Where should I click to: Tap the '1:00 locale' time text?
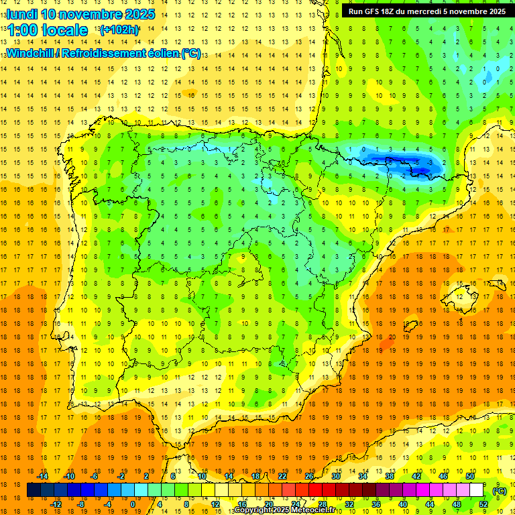(48, 30)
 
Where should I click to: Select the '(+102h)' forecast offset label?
(119, 30)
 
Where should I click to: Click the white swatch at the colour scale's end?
(476, 491)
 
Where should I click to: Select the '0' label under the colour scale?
(132, 504)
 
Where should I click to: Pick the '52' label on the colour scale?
(483, 504)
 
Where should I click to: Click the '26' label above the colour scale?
(309, 476)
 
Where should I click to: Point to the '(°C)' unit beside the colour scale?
(499, 491)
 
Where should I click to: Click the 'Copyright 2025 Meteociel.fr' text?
(285, 510)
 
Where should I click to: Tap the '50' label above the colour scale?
(470, 476)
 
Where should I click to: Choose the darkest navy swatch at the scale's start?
(34, 491)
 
